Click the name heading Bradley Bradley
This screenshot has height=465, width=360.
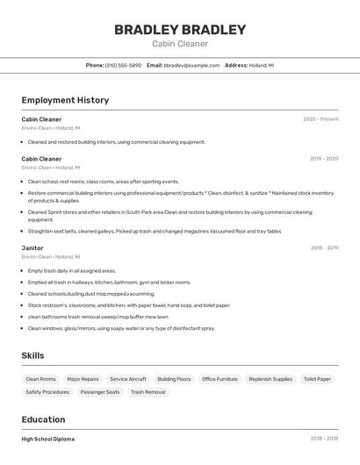180,30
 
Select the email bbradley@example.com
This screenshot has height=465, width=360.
191,65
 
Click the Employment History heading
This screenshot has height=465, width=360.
65,100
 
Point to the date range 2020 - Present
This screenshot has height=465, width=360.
320,119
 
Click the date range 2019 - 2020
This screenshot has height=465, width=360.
324,159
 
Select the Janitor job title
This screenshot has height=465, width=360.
32,248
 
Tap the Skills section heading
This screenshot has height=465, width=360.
33,355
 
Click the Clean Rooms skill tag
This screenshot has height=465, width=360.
41,379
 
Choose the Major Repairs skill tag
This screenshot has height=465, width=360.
83,379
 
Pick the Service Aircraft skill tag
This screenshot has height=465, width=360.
128,379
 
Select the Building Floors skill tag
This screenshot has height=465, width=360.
174,379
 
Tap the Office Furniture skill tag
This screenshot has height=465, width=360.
220,379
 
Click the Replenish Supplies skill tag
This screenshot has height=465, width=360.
270,379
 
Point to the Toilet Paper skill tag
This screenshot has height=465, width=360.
317,379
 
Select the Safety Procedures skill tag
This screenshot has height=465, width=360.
47,392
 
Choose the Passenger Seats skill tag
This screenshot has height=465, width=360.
100,392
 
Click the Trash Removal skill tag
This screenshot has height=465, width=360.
148,392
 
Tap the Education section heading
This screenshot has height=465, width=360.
43,419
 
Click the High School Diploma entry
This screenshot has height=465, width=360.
48,439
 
